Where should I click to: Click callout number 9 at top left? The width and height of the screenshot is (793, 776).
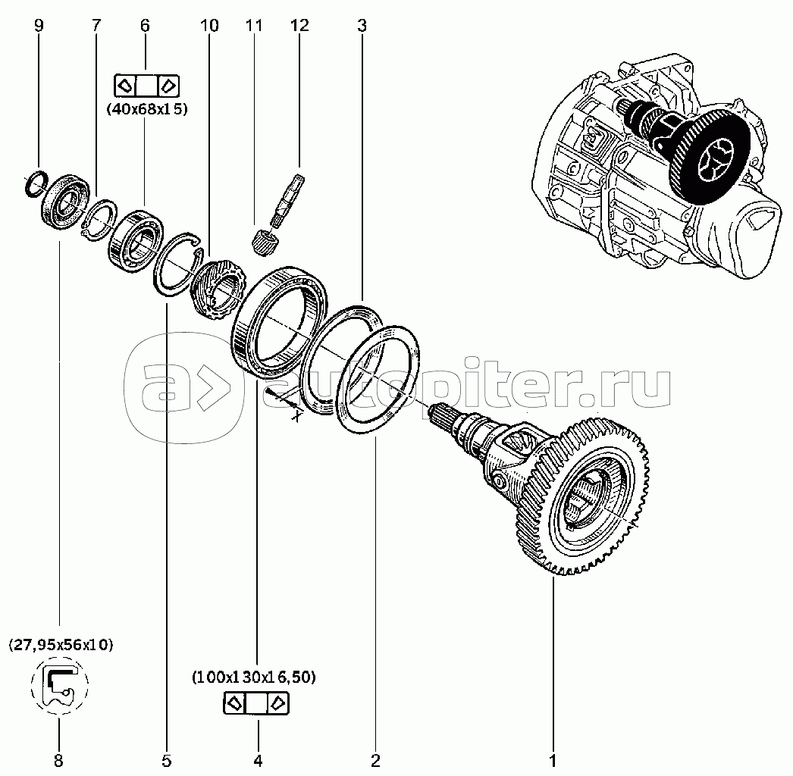(x=39, y=26)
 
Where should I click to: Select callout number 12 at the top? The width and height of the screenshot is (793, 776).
(x=299, y=26)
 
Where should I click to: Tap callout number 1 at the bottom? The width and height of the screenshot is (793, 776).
(x=553, y=759)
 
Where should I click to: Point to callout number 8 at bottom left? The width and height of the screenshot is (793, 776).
(x=59, y=759)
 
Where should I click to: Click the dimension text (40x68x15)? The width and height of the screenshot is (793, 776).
(x=147, y=108)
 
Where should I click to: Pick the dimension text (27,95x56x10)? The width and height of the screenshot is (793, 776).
(x=61, y=645)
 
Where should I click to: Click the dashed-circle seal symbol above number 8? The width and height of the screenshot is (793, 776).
(x=60, y=685)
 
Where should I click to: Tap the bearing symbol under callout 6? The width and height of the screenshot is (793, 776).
(x=146, y=83)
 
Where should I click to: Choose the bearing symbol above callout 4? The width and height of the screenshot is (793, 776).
(x=257, y=703)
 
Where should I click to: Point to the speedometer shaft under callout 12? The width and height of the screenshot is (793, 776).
(x=289, y=199)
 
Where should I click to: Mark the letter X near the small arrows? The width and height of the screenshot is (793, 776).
(x=298, y=415)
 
